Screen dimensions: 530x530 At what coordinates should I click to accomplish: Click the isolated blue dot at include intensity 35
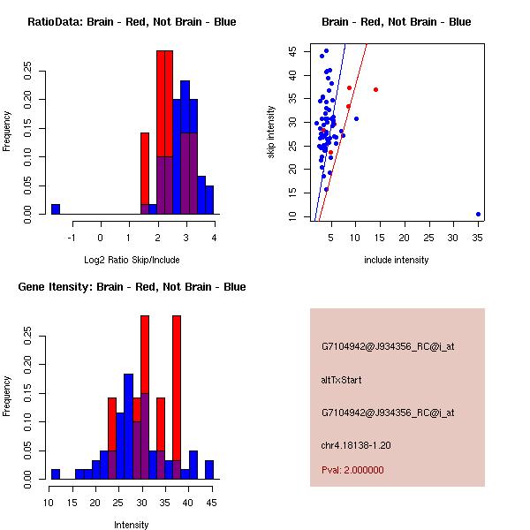[x=478, y=214]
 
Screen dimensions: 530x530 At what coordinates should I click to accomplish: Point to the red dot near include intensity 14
[x=375, y=89]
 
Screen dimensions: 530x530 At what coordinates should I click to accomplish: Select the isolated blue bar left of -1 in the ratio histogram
[x=56, y=208]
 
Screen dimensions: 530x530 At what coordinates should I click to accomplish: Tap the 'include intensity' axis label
[x=397, y=260]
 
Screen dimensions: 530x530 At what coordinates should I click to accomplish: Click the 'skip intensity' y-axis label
[x=272, y=132]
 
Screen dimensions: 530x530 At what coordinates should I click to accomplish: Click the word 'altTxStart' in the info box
[x=341, y=380]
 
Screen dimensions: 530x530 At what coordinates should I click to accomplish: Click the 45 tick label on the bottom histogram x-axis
[x=209, y=503]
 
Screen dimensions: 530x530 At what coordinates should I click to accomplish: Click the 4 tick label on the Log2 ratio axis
[x=215, y=237]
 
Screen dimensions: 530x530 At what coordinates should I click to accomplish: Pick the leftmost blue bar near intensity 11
[x=56, y=473]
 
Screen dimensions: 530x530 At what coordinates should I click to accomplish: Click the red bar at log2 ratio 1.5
[x=145, y=168]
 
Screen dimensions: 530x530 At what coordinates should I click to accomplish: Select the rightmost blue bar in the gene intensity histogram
[x=209, y=469]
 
